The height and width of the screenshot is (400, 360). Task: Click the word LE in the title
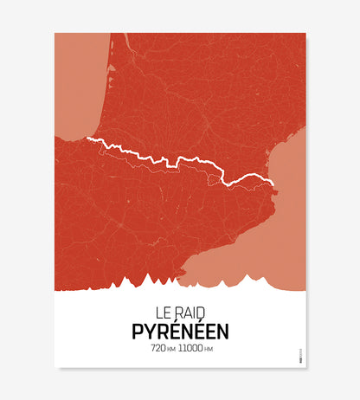(x=163, y=310)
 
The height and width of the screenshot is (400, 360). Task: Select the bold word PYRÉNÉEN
(x=180, y=330)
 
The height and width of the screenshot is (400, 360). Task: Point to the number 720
(x=158, y=349)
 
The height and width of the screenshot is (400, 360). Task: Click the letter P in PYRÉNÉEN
(x=138, y=330)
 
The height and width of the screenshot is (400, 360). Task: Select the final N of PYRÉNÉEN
(x=222, y=330)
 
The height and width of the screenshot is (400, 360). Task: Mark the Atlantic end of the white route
(x=87, y=139)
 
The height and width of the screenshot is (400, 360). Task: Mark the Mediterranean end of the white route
(x=273, y=184)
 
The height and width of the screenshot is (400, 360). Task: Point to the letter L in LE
(x=158, y=310)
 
